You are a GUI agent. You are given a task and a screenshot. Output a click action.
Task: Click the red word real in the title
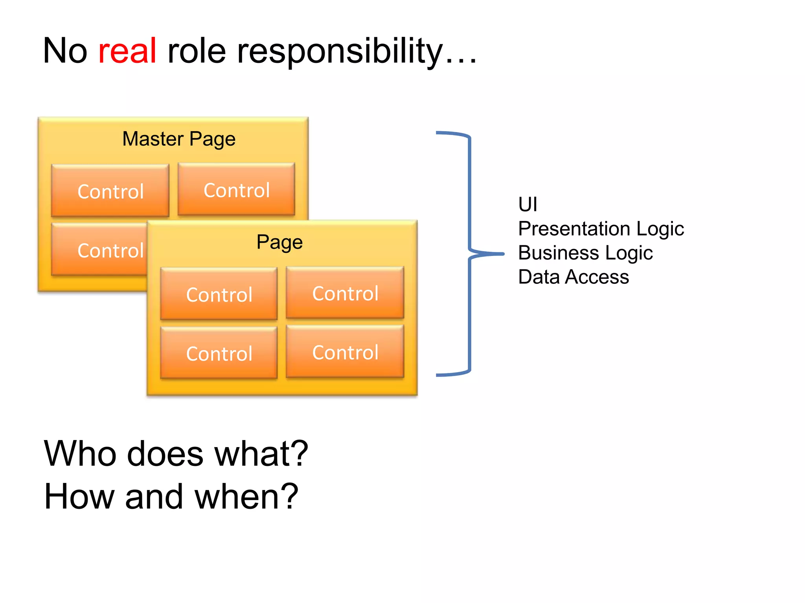(127, 51)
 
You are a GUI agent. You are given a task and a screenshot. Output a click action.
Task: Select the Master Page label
(179, 139)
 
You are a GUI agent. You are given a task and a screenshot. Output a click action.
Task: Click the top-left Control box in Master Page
(110, 191)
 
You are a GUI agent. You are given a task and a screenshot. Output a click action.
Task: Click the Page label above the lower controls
(279, 242)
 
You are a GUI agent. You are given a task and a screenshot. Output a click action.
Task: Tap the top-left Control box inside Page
(219, 294)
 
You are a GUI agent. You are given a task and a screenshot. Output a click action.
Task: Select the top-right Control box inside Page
(345, 293)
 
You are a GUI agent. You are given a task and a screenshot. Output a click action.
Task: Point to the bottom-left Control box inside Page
(219, 353)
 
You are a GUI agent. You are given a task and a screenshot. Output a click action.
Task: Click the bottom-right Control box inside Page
(345, 352)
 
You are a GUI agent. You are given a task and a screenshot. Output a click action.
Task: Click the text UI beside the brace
(527, 205)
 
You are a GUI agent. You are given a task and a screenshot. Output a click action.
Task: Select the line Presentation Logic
(601, 229)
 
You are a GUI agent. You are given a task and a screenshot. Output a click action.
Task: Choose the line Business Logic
(585, 253)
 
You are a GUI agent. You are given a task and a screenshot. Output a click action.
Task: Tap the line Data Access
(573, 277)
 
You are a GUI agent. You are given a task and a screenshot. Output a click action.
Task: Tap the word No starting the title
(65, 51)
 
